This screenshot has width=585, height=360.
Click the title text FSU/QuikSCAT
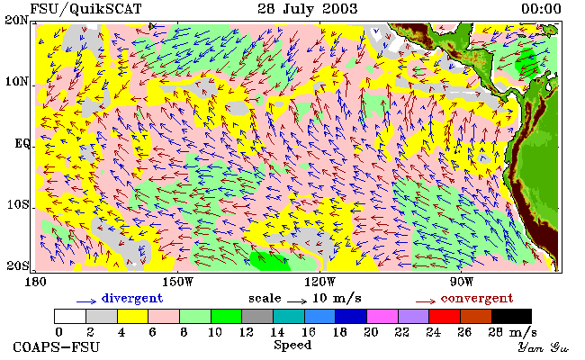[85, 9]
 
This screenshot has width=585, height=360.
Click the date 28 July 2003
[308, 9]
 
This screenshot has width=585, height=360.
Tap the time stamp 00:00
[541, 9]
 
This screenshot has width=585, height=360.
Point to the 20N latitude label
[17, 20]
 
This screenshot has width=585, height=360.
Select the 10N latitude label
[17, 81]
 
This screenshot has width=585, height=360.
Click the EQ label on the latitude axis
[22, 143]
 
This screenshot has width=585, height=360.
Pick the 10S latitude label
[17, 204]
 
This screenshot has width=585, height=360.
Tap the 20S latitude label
[17, 266]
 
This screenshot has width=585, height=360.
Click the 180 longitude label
[35, 282]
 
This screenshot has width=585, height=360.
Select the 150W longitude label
[177, 282]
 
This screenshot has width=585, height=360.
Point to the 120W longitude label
[319, 282]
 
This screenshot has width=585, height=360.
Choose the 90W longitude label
[462, 282]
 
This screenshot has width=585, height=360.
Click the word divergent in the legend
[132, 298]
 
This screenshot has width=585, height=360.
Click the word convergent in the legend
[477, 298]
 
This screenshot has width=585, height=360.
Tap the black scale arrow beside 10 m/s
[297, 301]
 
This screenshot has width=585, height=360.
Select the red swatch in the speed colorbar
[445, 316]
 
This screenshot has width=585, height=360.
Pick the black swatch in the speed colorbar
[511, 316]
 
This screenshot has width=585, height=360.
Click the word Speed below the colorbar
[292, 345]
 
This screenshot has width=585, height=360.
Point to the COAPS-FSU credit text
[57, 347]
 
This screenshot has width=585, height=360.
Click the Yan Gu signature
[543, 347]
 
